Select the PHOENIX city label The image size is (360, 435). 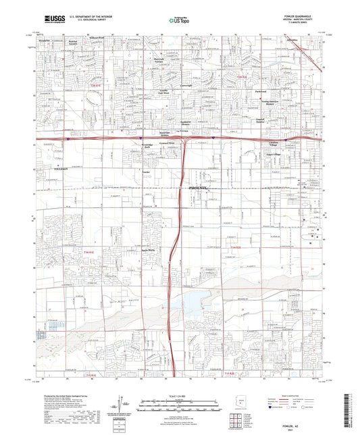[x=192, y=188]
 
